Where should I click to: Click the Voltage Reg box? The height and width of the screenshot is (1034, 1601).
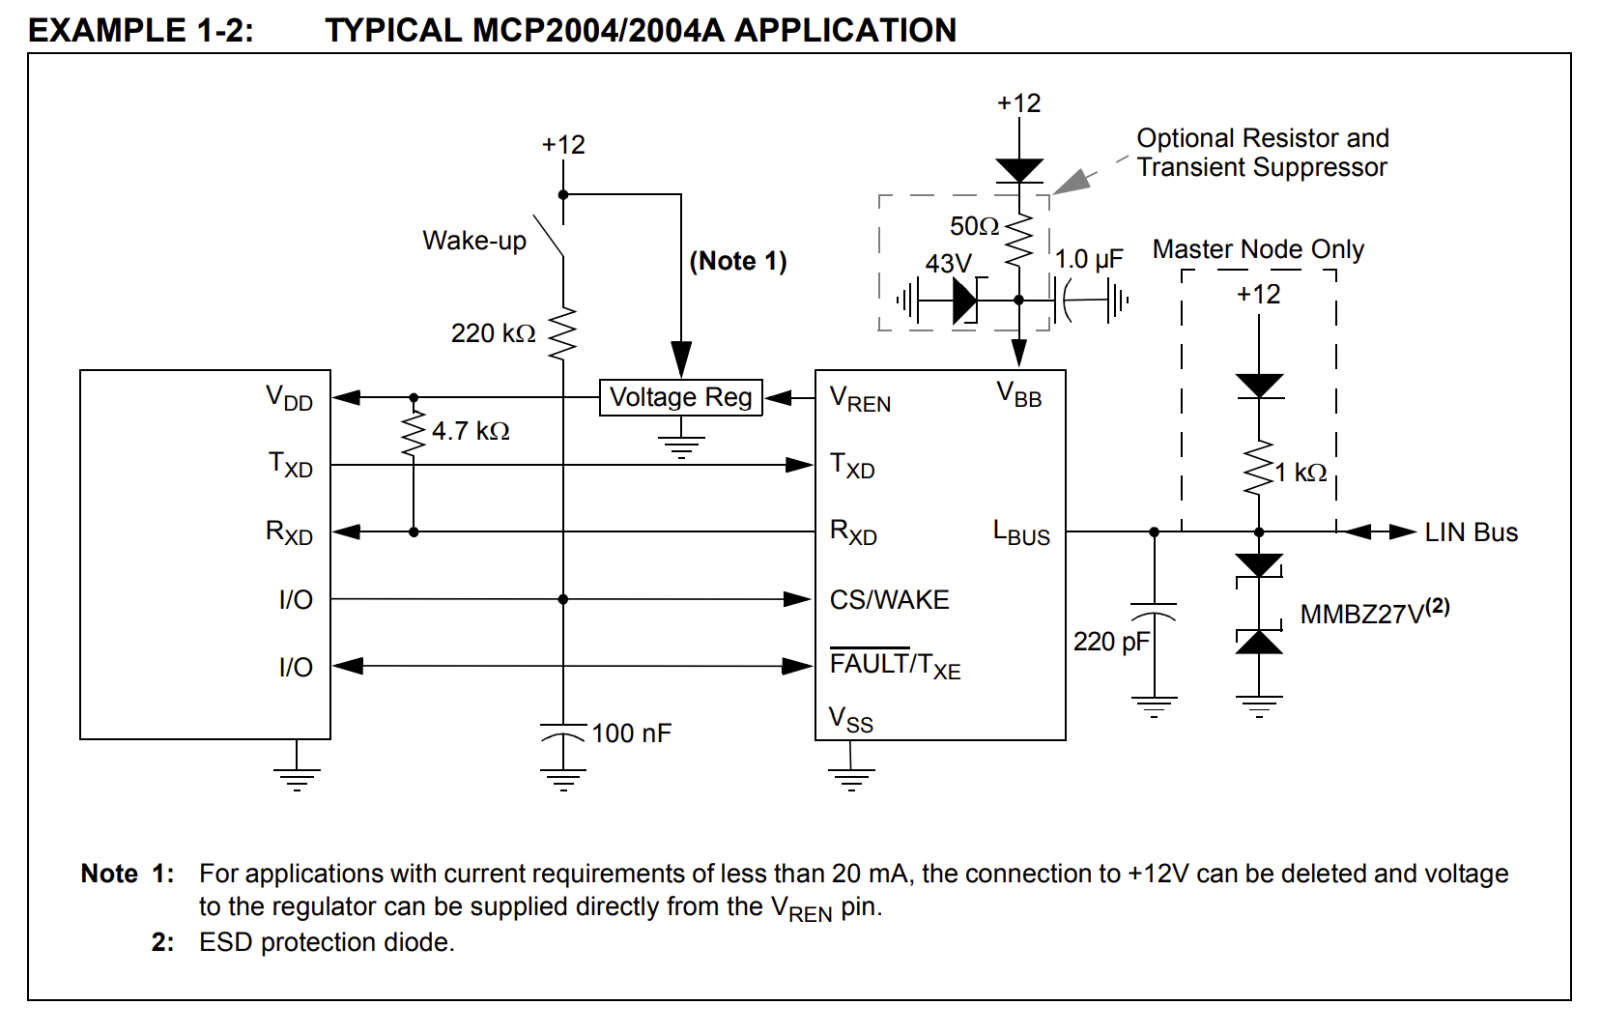[681, 397]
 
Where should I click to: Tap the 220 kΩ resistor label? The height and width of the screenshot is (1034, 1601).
[493, 333]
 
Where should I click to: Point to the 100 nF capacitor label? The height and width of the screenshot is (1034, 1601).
[632, 732]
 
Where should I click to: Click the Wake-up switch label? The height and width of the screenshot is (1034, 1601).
[474, 241]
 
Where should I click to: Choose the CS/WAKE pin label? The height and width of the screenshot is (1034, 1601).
[889, 599]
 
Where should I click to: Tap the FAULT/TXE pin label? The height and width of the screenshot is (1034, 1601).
[895, 665]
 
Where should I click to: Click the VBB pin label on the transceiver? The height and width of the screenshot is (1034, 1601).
[1019, 394]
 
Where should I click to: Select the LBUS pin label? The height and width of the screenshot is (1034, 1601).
[1021, 532]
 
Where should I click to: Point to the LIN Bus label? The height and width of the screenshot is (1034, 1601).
[1471, 532]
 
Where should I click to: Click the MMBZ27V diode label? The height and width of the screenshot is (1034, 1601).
[1375, 612]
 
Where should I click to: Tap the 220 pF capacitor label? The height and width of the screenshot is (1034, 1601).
[1111, 642]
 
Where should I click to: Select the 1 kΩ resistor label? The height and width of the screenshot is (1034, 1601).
[1301, 473]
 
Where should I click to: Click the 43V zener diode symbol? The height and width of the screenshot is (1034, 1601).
[966, 301]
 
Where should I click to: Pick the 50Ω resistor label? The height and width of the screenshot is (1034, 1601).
[974, 226]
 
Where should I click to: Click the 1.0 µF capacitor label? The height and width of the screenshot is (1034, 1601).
[1089, 259]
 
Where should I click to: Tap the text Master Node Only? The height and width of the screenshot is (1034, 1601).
[1258, 249]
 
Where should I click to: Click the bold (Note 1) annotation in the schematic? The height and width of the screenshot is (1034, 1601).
[737, 261]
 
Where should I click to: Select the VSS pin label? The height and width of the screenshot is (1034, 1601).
[850, 719]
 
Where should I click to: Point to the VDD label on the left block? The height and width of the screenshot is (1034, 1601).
[289, 397]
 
